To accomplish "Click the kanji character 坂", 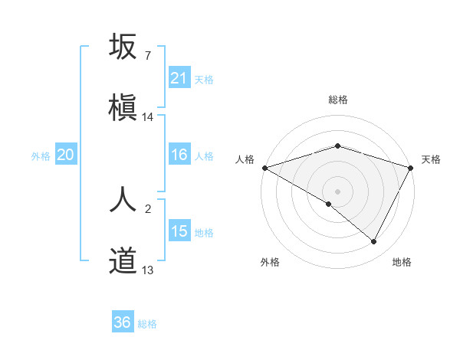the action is pos(123,47).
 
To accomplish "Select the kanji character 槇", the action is pos(123,107).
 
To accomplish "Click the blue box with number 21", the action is pos(179,78).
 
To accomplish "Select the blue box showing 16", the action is pos(179,155).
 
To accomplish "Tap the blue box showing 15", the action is pos(179,231).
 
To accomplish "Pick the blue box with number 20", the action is pos(66,155).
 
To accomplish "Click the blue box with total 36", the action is pos(123,322).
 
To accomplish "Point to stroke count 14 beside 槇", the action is pos(148,117).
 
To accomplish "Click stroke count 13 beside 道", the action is pos(148,270).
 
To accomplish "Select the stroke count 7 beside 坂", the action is pos(147,56).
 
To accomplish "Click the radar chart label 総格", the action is pos(337,100).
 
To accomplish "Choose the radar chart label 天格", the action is pos(432,159).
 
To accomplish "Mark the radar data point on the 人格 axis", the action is pos(264,167).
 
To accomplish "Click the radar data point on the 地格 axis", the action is pos(374,242).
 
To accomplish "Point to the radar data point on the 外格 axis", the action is pos(329,204).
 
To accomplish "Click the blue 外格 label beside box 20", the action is pos(41,155).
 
